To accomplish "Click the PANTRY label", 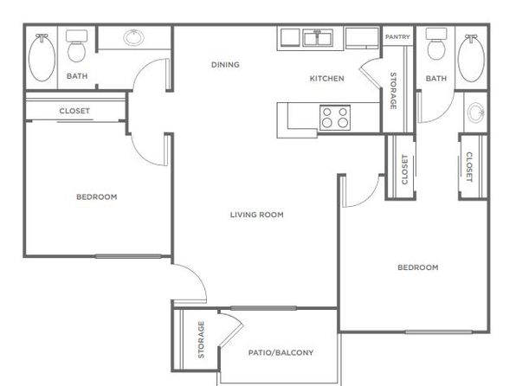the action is (x=397, y=37).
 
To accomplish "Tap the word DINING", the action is (x=225, y=65).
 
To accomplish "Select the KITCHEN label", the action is (x=327, y=78).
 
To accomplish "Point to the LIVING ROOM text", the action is (x=256, y=215).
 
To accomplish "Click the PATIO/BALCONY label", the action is (x=281, y=352).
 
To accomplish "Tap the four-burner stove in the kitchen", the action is (x=335, y=118).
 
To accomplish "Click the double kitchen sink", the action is (x=318, y=38).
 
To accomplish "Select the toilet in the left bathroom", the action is (x=77, y=46).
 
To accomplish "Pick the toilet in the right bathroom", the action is (x=436, y=44).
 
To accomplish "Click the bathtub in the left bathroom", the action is (x=42, y=58).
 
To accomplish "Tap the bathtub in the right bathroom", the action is (x=471, y=58).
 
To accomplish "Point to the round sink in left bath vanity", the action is (x=133, y=37).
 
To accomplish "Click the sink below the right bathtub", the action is (x=476, y=113).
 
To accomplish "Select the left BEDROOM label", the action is (x=97, y=196).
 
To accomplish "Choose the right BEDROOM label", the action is (x=418, y=267).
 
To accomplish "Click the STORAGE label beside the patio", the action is (x=201, y=339).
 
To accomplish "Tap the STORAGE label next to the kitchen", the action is (x=393, y=91).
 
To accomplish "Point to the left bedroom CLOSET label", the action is (x=74, y=111).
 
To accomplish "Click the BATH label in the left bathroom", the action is (x=77, y=76).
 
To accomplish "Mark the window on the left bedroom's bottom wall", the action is (x=128, y=256).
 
